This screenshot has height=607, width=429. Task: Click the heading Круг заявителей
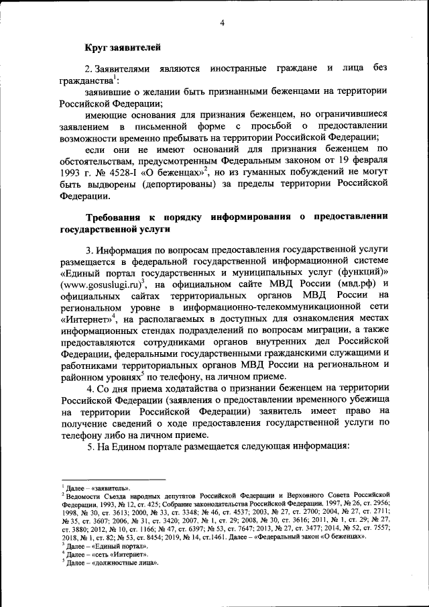coord(122,47)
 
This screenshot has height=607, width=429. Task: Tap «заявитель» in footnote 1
coord(110,487)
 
